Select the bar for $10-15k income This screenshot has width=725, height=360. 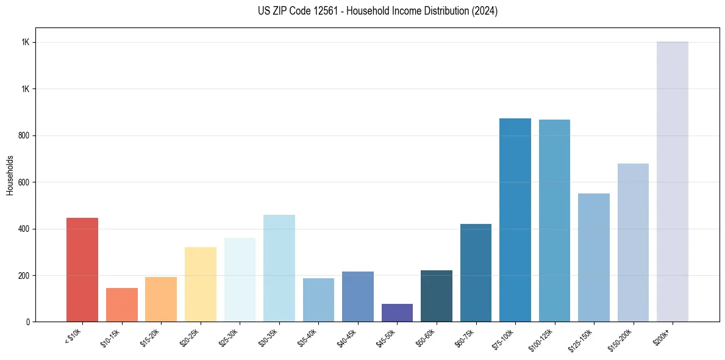click(122, 304)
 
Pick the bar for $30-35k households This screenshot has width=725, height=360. click(279, 268)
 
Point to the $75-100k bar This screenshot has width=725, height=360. click(515, 220)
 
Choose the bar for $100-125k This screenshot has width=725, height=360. click(554, 220)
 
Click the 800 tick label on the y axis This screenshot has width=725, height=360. click(24, 135)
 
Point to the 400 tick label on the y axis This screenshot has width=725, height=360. click(24, 229)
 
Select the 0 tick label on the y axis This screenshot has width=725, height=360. click(27, 322)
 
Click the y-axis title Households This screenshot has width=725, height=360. click(10, 175)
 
